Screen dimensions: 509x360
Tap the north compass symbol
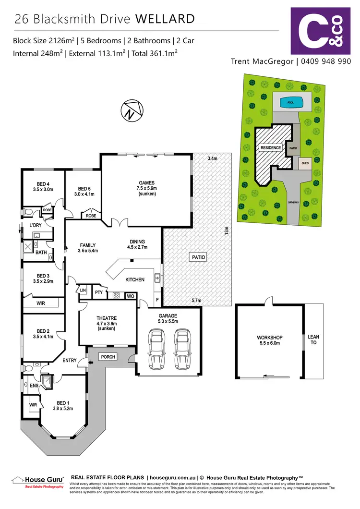pos(130,111)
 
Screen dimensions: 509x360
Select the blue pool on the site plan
pos(290,102)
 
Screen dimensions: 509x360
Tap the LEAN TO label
pos(314,340)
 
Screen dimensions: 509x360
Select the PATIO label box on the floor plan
pos(199,257)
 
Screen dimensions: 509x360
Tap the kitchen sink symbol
pos(157,278)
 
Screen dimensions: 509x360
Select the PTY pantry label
pos(98,292)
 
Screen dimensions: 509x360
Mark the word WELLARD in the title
pos(166,19)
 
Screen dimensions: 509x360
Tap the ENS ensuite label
pos(34,385)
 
